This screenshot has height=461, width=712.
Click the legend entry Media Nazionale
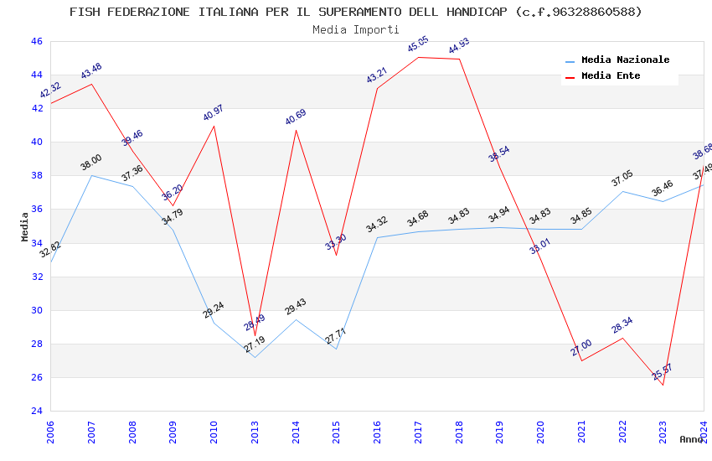[x=625, y=60]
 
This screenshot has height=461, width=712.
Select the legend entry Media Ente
[x=611, y=76]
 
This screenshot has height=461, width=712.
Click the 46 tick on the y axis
[x=36, y=41]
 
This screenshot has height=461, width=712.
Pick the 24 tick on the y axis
[x=36, y=411]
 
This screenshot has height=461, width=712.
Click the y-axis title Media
[x=25, y=226]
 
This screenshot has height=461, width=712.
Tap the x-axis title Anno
[x=691, y=439]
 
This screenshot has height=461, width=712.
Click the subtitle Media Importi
[x=356, y=29]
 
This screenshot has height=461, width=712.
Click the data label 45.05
[x=418, y=45]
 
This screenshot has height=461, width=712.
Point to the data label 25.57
[x=663, y=372]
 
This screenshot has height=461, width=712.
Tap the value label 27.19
[x=255, y=344]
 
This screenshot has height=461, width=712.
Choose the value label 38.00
[x=91, y=163]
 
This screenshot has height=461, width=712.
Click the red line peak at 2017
[x=419, y=57]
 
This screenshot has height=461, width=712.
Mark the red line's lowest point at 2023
[x=663, y=385]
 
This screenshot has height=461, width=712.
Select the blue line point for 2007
[x=91, y=175]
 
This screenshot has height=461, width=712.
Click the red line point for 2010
[x=214, y=126]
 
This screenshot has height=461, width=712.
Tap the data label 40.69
[x=296, y=117]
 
